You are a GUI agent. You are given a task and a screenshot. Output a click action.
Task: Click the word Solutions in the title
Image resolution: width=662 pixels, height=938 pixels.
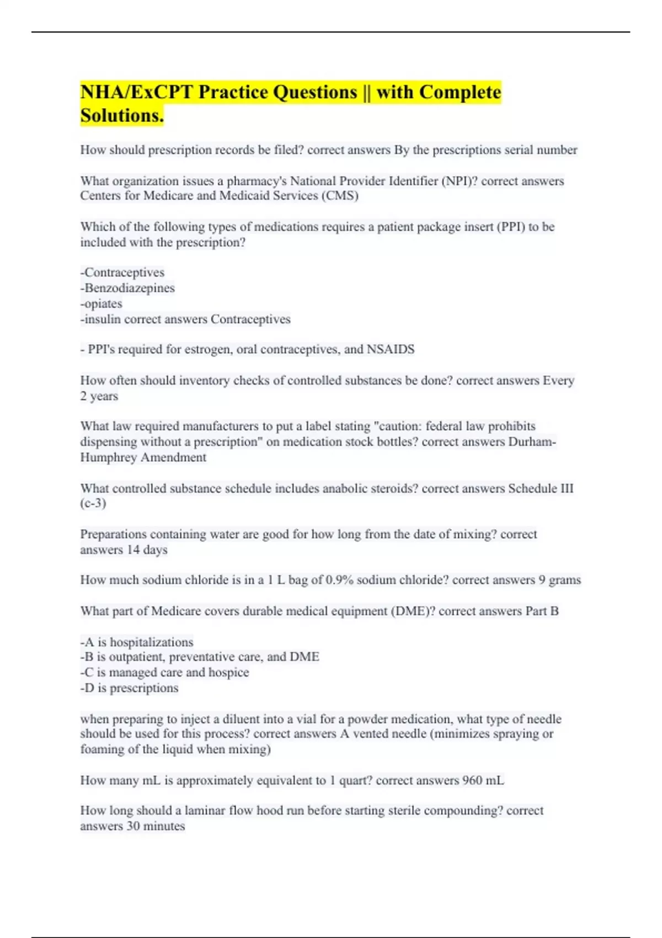[x=121, y=115]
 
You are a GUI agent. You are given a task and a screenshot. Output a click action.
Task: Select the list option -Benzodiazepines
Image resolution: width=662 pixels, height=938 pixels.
[x=127, y=288]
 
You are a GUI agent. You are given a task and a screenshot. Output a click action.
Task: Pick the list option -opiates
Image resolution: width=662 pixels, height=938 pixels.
[x=102, y=303]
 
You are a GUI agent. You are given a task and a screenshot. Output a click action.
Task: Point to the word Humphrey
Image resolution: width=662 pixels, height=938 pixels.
[x=109, y=457]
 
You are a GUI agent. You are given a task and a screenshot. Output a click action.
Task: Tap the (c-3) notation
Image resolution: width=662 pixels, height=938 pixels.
[x=93, y=503]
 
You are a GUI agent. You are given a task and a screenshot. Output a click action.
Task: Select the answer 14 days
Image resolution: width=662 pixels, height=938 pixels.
[x=147, y=550]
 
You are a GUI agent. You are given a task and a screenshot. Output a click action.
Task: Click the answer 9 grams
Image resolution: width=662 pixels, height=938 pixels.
[x=559, y=580]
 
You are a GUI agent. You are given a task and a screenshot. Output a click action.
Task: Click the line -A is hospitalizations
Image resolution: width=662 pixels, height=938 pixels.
[x=137, y=642]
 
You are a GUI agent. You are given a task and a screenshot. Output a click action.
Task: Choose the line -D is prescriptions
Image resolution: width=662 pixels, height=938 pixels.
[x=129, y=688]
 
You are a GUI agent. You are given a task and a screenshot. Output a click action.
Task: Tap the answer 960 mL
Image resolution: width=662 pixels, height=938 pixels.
[x=483, y=781]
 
